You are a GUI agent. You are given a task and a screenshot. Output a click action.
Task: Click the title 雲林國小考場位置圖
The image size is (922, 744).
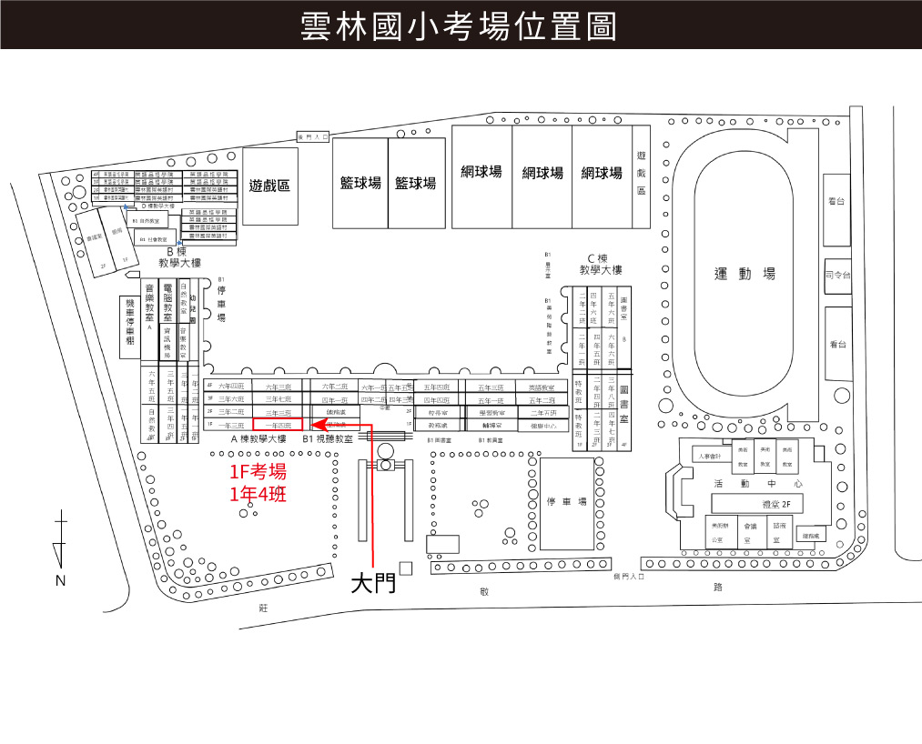(x=460, y=26)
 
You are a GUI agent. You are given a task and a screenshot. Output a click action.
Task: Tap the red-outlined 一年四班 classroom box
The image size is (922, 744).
(x=277, y=425)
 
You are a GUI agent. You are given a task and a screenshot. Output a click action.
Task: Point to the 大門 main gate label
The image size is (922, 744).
(x=373, y=583)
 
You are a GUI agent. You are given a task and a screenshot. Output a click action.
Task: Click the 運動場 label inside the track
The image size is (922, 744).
(x=744, y=274)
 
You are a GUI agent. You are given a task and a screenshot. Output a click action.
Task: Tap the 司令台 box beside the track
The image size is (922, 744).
(x=836, y=274)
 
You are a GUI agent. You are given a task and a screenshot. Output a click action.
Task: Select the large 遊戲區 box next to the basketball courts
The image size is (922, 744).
(x=269, y=186)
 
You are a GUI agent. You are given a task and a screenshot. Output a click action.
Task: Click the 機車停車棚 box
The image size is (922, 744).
(x=129, y=327)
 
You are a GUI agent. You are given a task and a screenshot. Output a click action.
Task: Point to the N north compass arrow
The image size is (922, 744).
(x=60, y=546)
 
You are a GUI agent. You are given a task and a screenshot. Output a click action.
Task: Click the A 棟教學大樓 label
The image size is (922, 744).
(x=258, y=439)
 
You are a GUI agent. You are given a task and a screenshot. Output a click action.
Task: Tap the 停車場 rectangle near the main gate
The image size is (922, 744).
(x=566, y=503)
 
